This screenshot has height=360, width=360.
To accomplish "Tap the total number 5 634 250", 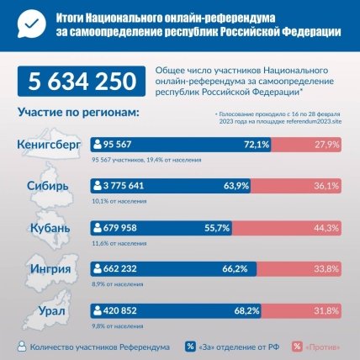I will point(82,82).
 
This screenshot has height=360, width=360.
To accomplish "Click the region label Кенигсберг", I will point(48,144).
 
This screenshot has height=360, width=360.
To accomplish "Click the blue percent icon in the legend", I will point(190,346).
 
